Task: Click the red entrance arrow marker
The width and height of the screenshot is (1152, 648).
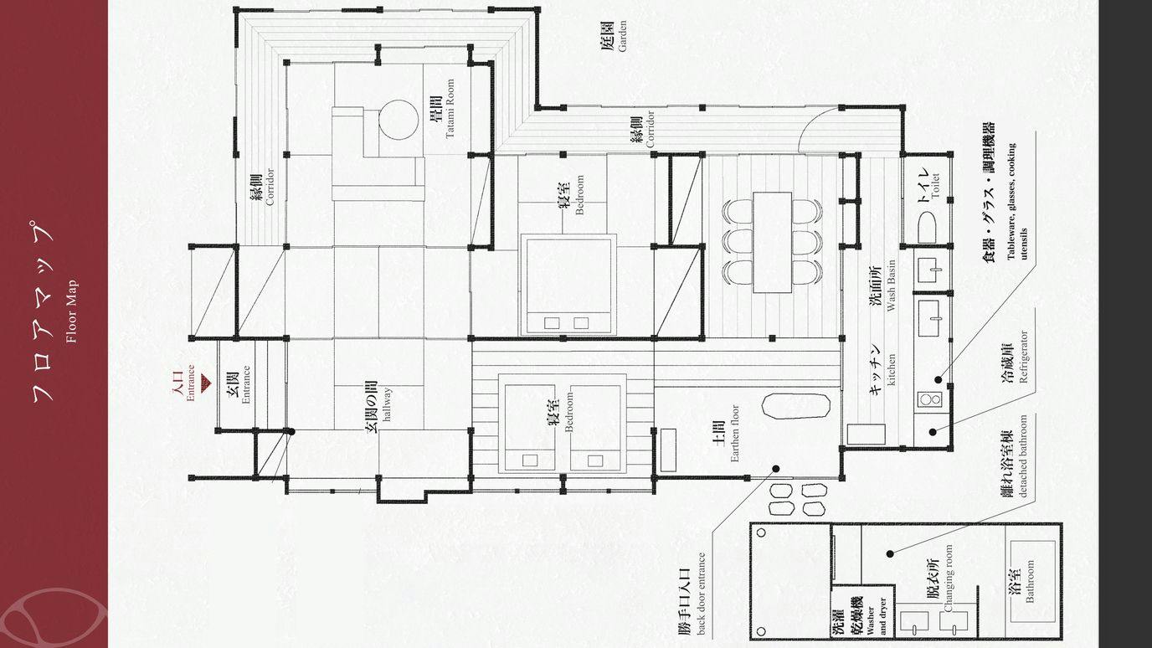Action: (205, 382)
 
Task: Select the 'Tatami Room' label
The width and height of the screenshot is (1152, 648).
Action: (450, 108)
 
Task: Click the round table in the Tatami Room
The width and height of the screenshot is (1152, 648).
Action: (399, 120)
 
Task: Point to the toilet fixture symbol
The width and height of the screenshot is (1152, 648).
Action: (926, 229)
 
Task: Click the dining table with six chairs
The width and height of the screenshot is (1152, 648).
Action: (772, 242)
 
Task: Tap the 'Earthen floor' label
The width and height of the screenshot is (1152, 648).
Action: (734, 433)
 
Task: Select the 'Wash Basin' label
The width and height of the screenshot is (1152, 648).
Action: (891, 285)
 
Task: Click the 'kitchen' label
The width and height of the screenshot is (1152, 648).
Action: (891, 369)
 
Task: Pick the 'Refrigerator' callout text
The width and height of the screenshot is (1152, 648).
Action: (1023, 357)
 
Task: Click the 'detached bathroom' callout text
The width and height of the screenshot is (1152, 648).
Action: (1022, 456)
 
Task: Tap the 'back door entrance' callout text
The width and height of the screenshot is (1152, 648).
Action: (701, 594)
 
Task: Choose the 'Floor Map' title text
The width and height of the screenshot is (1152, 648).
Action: (71, 311)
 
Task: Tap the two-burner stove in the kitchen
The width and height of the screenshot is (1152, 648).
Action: (929, 399)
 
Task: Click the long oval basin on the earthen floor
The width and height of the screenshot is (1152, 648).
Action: (795, 406)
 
